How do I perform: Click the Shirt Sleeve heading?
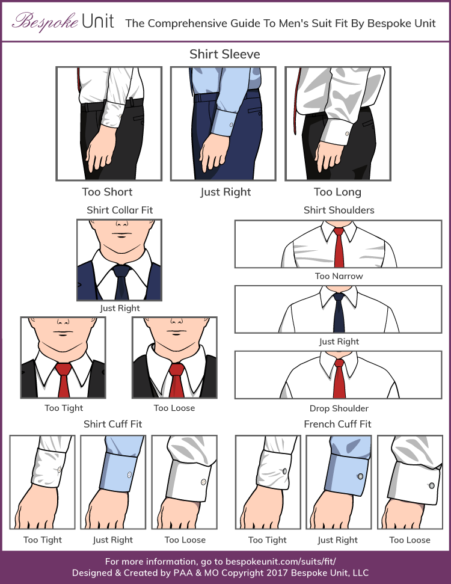coord(225,54)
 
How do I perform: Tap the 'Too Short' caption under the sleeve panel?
coord(107,192)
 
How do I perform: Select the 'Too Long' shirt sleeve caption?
coord(337,192)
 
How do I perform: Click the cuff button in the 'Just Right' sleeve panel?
coord(232,127)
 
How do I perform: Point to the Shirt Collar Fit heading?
coord(120,210)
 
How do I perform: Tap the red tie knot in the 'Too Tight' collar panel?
coord(63,368)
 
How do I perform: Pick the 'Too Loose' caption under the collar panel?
coord(174,408)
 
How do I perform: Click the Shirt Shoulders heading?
coord(339,210)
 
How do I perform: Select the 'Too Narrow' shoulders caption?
coord(339,276)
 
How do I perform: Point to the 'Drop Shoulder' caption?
coord(339,408)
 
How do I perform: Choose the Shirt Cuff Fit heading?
coord(113,424)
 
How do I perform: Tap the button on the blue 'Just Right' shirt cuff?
coord(129,476)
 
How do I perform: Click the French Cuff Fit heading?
coord(337,424)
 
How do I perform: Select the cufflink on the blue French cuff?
coord(360,476)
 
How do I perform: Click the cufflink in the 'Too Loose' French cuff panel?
coord(431,485)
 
